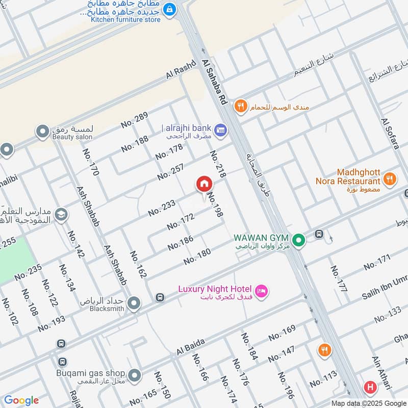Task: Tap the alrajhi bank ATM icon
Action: coord(220,130)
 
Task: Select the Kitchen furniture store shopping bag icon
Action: coord(170,9)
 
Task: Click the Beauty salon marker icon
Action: coord(42,132)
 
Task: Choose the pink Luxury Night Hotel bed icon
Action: coord(261,291)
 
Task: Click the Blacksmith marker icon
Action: coord(134,304)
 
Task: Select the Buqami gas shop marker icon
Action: coord(134,376)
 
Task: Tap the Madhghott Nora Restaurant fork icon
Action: coord(390,178)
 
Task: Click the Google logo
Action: coord(21,400)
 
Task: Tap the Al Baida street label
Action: coord(191,347)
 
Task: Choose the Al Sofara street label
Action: coord(390,134)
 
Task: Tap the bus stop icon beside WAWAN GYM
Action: coord(319,234)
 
